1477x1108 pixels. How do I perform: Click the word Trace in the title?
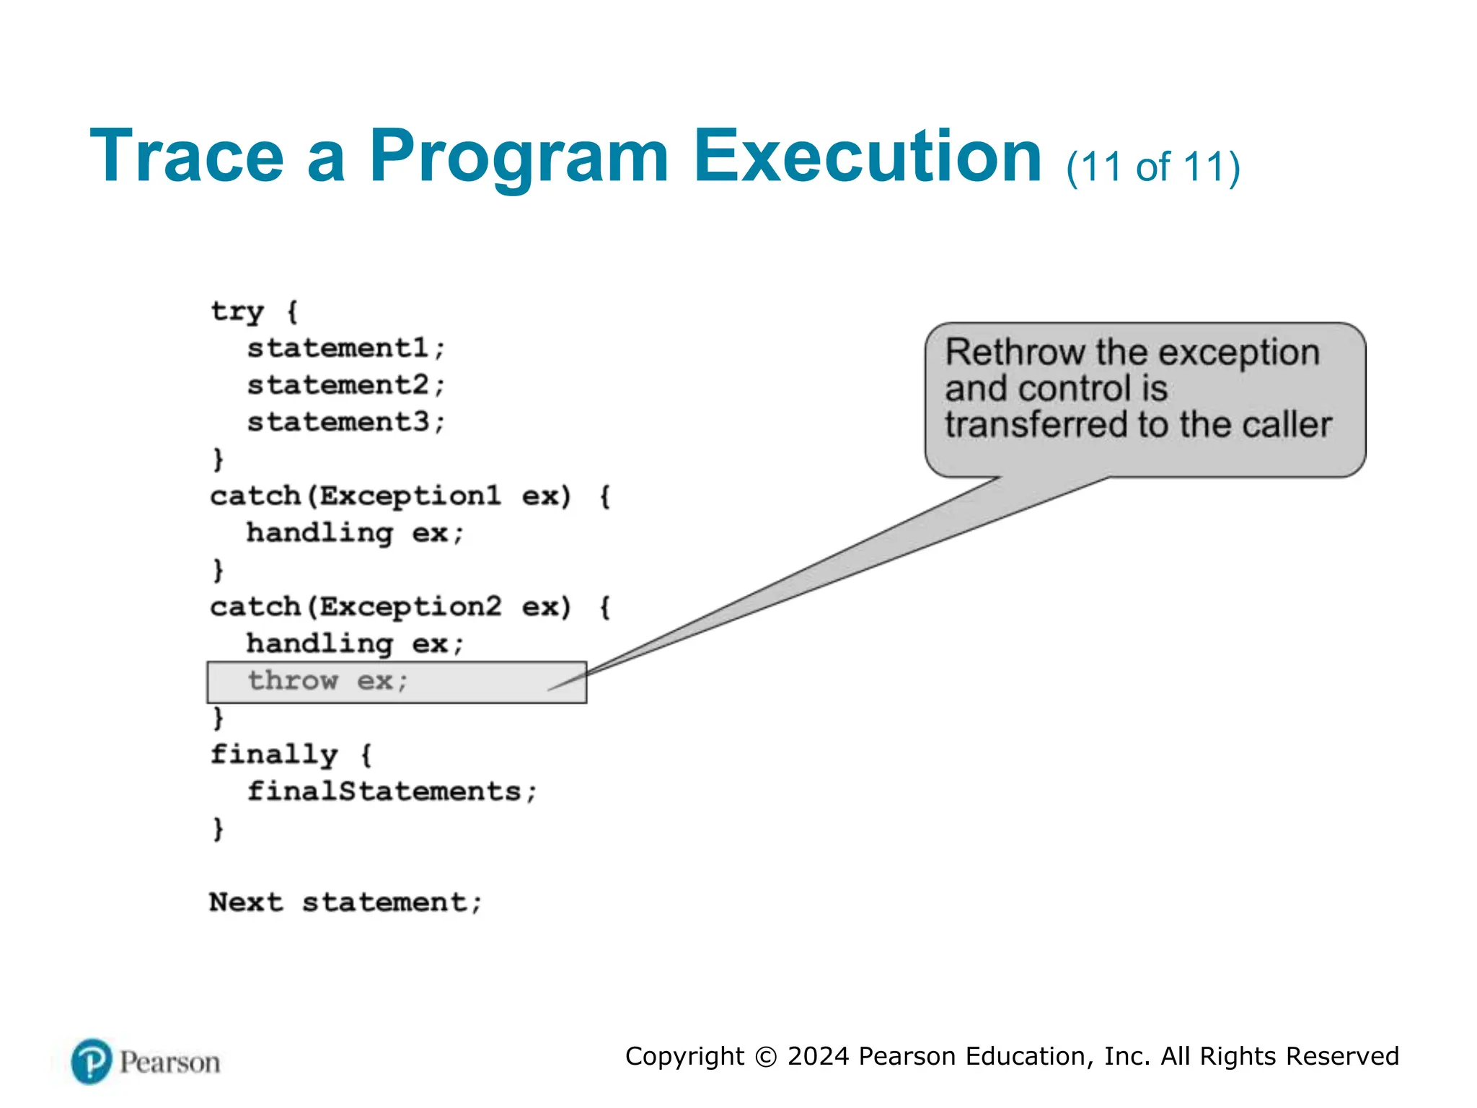tap(187, 157)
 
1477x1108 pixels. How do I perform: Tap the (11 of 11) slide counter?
tap(1152, 167)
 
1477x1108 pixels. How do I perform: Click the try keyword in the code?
tap(237, 312)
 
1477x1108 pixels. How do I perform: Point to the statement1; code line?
tap(346, 348)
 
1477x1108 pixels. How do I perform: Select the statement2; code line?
tap(346, 385)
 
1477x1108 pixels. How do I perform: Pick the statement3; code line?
tap(346, 422)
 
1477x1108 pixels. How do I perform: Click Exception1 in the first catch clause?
tap(410, 496)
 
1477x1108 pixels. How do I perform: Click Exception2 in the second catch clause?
tap(410, 607)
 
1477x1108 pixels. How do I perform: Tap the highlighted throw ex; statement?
tap(328, 681)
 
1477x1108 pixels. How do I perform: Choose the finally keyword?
tap(274, 755)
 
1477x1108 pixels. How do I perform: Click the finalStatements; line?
tap(392, 791)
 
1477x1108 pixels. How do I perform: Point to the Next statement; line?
tap(345, 902)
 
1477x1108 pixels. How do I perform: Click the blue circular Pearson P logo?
tap(92, 1062)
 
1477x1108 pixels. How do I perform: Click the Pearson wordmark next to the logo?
tap(169, 1063)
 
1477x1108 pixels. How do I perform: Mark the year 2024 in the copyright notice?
tap(818, 1056)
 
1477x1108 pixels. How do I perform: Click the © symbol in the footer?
tap(765, 1057)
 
